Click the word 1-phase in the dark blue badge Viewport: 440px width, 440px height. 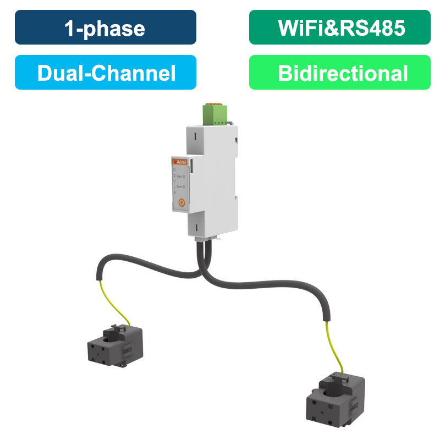click(105, 28)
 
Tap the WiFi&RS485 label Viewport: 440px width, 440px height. click(339, 28)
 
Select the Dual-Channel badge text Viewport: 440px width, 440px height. click(105, 73)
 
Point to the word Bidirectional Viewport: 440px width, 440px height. click(339, 73)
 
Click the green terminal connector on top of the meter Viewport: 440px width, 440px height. click(214, 113)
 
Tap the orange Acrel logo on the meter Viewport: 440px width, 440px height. click(181, 163)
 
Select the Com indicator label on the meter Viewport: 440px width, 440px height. click(180, 187)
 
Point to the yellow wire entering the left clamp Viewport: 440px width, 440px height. click(116, 300)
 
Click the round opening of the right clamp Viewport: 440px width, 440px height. click(337, 385)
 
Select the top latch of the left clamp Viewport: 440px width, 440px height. click(117, 328)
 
